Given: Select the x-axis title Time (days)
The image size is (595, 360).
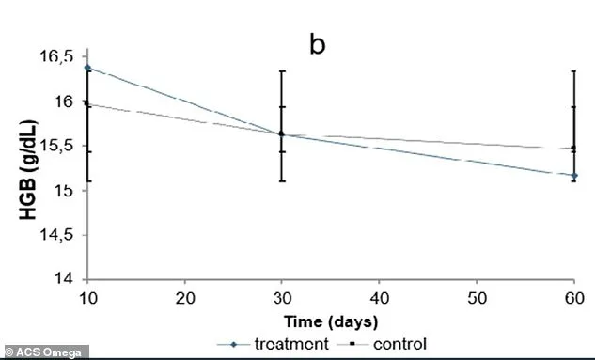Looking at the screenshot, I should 327,321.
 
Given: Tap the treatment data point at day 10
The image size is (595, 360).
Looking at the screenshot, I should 86,68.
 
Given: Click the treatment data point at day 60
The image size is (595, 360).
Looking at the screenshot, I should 573,176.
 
